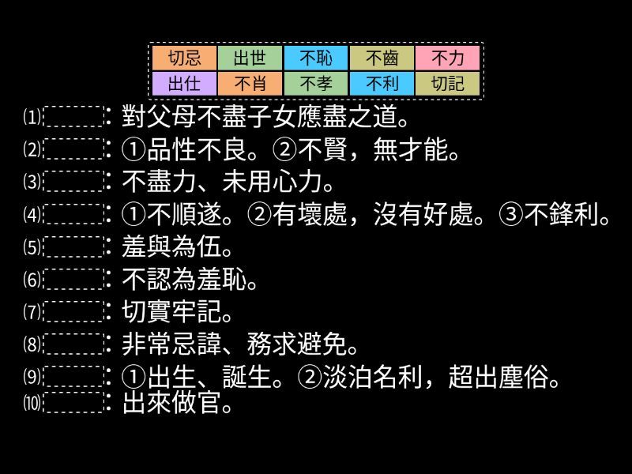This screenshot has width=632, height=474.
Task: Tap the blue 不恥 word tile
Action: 315,58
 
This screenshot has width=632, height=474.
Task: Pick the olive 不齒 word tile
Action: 382,58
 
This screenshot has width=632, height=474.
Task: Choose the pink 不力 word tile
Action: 447,58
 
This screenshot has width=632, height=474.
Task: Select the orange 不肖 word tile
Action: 250,83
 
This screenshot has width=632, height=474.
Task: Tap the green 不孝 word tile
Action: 315,83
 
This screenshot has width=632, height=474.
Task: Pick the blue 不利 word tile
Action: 382,83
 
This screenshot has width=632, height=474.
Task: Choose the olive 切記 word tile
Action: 447,83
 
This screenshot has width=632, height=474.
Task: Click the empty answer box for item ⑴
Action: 73,117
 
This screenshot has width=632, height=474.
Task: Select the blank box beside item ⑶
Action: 73,182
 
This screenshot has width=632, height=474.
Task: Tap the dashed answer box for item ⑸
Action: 73,246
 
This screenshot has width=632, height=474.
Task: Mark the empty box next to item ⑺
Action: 73,311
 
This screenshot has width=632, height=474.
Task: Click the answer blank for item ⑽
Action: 73,403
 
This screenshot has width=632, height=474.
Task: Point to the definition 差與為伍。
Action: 179,247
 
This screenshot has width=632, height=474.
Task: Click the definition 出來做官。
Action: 179,404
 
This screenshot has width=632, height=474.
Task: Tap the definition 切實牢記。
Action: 179,312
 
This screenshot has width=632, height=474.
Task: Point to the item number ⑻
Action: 32,344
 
